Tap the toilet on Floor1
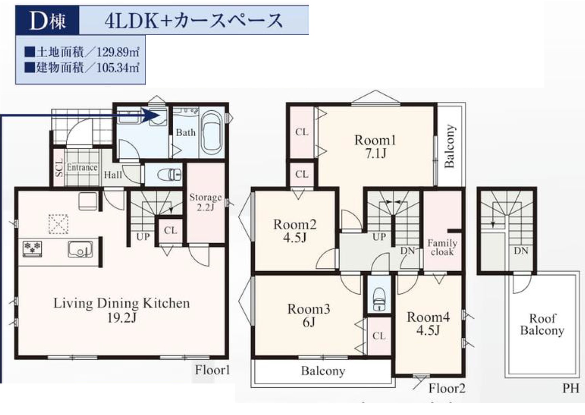[x=169, y=175]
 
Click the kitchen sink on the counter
[x=80, y=249]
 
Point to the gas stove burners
[x=32, y=248]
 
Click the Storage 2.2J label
[x=205, y=202]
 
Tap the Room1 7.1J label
[x=375, y=146]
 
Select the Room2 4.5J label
[x=295, y=231]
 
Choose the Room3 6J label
[x=308, y=315]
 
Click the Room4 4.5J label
[x=428, y=323]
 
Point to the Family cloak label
[x=442, y=248]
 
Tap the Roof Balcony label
[x=542, y=324]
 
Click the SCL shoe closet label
[x=59, y=168]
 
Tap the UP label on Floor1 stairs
[x=143, y=237]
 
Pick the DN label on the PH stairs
[x=521, y=251]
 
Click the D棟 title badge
[x=47, y=20]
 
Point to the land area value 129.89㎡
[x=118, y=52]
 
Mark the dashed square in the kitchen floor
[x=59, y=224]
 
